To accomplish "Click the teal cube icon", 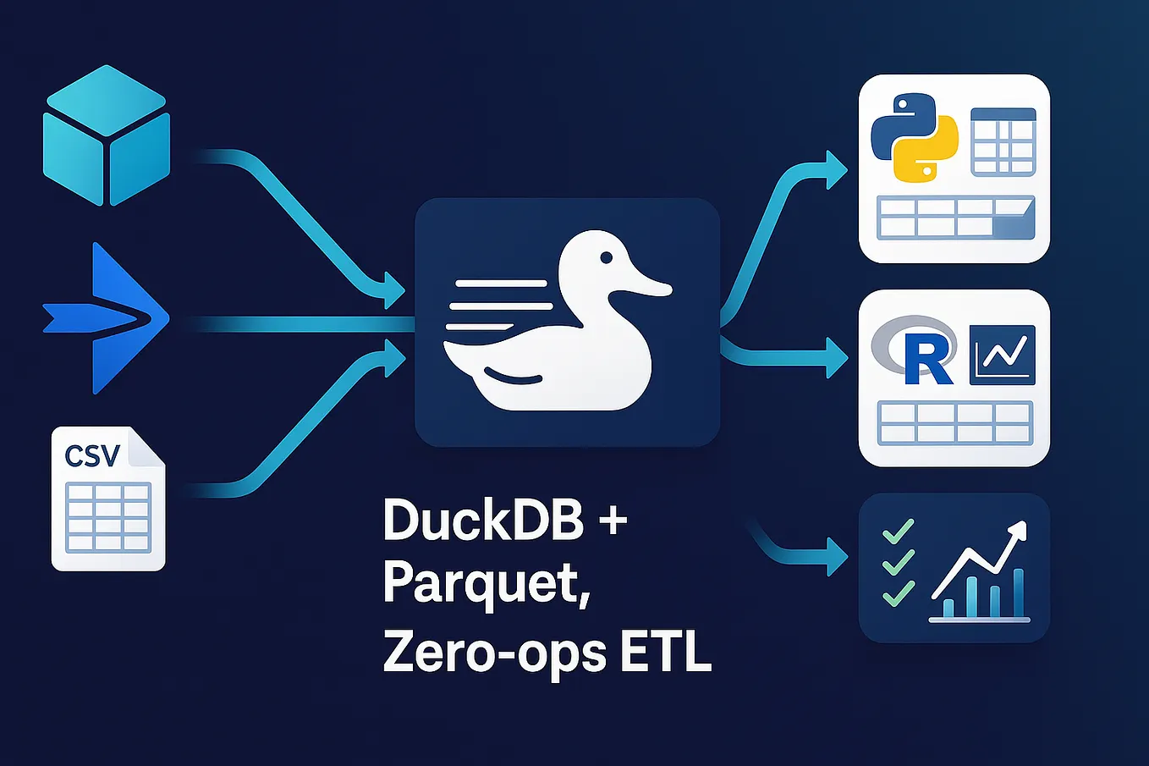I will click(107, 135).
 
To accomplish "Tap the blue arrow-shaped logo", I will click(114, 318).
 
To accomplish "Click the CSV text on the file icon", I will click(92, 456).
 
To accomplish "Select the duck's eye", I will click(606, 257).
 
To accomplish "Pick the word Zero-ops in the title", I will click(494, 653).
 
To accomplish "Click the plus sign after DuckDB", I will click(613, 519).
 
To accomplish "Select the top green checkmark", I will click(898, 532).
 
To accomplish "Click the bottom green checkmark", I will click(898, 592).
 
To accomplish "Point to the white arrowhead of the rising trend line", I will click(1017, 532).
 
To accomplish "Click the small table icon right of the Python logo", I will click(1003, 141).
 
